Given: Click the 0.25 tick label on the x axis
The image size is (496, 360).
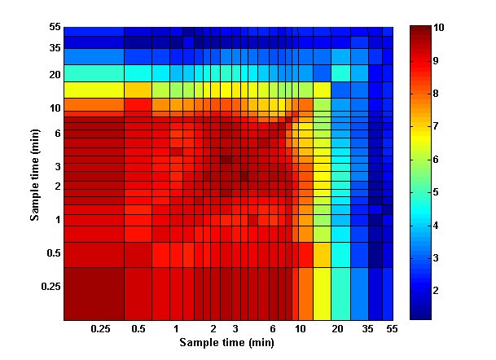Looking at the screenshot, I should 100,328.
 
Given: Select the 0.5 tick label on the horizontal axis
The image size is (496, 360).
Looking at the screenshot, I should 138,328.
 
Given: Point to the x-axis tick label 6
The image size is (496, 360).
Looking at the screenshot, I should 273,328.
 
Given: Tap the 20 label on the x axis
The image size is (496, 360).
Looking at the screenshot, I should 336,328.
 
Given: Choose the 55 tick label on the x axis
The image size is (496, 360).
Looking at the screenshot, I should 391,328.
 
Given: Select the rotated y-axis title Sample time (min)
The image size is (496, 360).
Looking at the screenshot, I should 36,173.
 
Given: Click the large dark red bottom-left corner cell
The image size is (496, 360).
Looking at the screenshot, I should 94,292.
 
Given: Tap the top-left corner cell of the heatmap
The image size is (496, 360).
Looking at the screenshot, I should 94,32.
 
